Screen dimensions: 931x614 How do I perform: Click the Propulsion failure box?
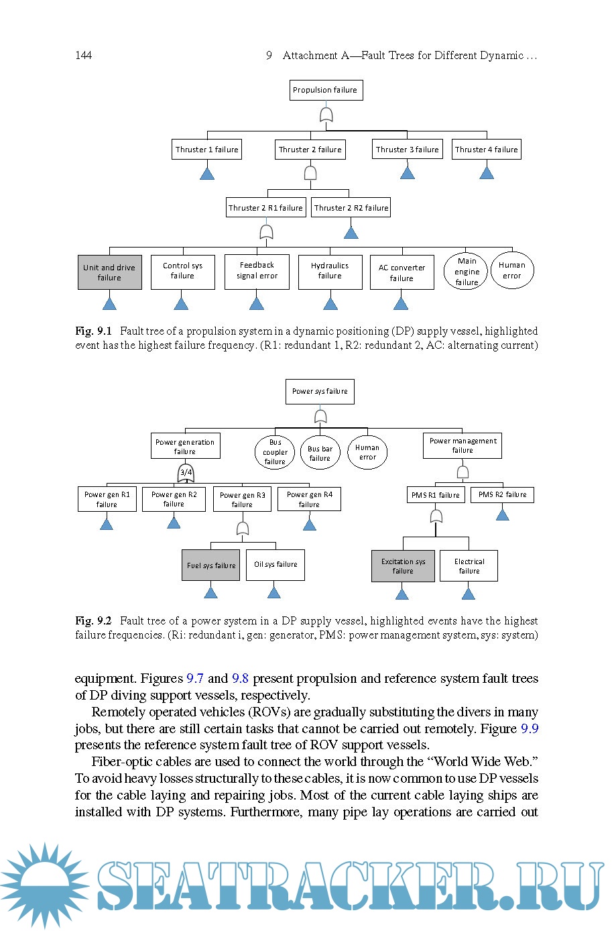[326, 90]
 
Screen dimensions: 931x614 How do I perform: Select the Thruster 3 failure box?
[407, 150]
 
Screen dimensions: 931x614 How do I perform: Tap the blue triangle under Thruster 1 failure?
[207, 173]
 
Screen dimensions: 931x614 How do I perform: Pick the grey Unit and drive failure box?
[109, 272]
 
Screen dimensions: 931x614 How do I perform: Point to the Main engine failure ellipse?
[467, 271]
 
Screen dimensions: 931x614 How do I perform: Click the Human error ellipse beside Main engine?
[512, 270]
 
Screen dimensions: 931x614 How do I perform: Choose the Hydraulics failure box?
[330, 271]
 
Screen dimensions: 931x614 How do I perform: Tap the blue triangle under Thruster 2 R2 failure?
[351, 232]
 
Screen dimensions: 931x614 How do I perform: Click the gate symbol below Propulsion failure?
[326, 115]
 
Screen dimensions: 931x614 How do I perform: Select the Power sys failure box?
[320, 391]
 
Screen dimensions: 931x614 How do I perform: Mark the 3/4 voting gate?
[186, 474]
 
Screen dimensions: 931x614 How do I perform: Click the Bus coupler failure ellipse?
[275, 452]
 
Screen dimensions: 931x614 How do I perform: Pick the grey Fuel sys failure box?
[210, 565]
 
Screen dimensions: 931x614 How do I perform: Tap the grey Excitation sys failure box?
[403, 566]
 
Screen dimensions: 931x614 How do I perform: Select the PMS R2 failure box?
[502, 495]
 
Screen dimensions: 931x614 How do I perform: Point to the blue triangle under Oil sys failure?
[273, 592]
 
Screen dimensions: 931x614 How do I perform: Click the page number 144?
[83, 55]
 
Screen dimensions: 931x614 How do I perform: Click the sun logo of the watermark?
[43, 885]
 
